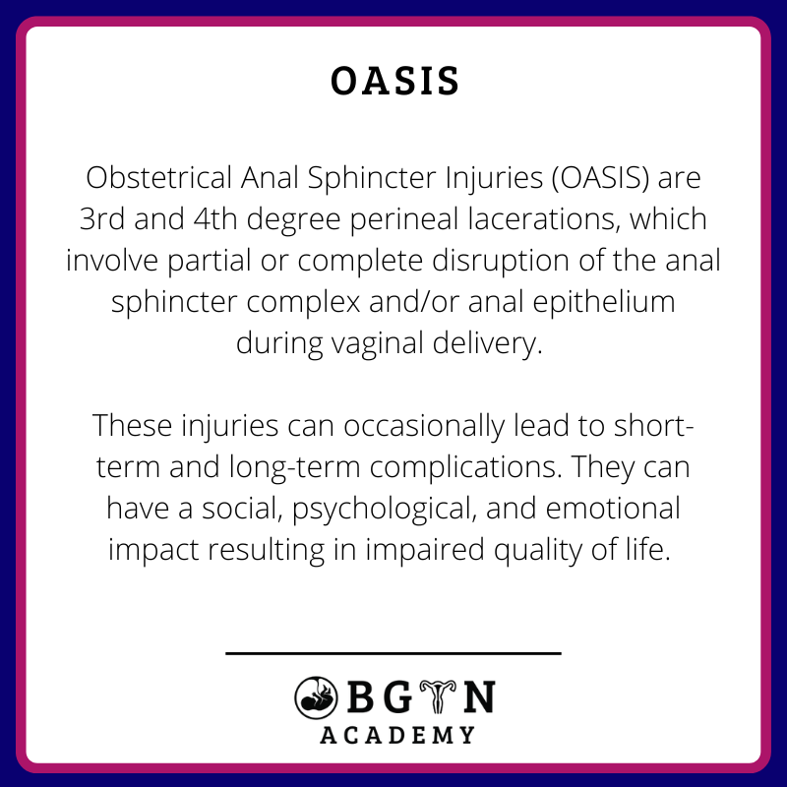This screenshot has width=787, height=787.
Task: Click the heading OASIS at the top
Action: pos(394,83)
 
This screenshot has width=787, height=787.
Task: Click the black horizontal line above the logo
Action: pos(393,652)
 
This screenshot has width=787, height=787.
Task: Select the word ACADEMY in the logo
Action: pos(397,734)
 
